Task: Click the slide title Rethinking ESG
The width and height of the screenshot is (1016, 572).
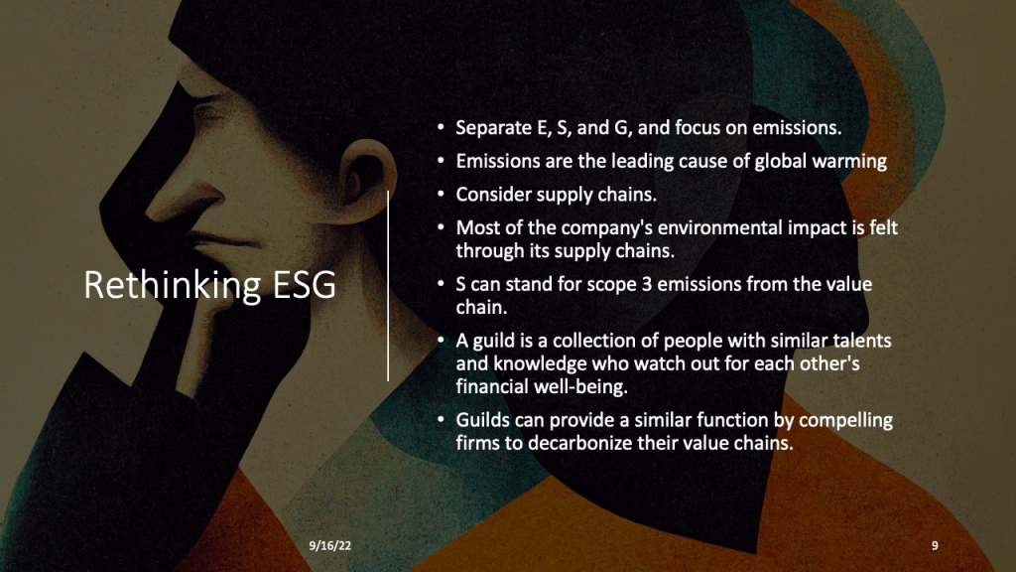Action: coord(209,285)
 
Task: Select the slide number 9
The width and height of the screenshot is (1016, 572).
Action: coord(935,546)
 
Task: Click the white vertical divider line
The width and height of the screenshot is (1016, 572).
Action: coord(388,285)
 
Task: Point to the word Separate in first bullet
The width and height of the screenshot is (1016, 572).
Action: coord(492,128)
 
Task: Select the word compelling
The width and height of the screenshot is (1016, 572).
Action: coord(845,420)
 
